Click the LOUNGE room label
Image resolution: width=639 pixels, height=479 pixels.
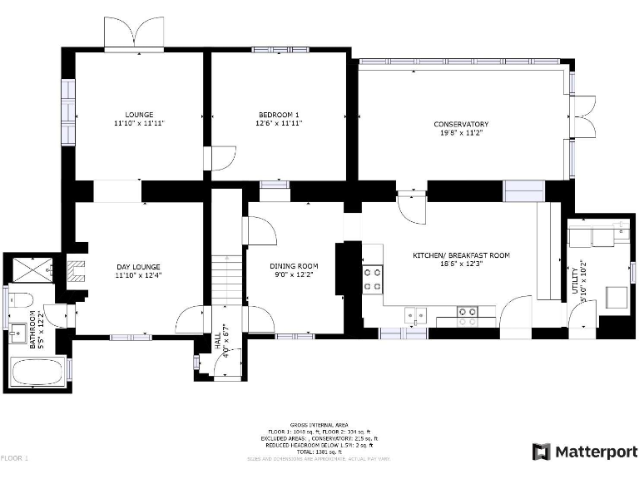pyautogui.click(x=139, y=114)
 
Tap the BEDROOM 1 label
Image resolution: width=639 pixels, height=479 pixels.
pyautogui.click(x=278, y=114)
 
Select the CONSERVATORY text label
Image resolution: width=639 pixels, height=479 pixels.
pyautogui.click(x=460, y=124)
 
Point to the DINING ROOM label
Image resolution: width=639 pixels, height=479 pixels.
pyautogui.click(x=294, y=266)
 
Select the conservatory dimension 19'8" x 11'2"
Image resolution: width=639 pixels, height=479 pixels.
pyautogui.click(x=460, y=132)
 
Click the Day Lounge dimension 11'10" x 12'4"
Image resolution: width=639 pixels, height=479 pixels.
pyautogui.click(x=139, y=274)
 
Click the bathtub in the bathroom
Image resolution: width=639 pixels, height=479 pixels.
pyautogui.click(x=37, y=372)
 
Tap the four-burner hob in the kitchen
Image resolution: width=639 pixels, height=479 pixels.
pyautogui.click(x=372, y=279)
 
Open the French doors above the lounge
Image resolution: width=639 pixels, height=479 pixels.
pyautogui.click(x=134, y=34)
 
